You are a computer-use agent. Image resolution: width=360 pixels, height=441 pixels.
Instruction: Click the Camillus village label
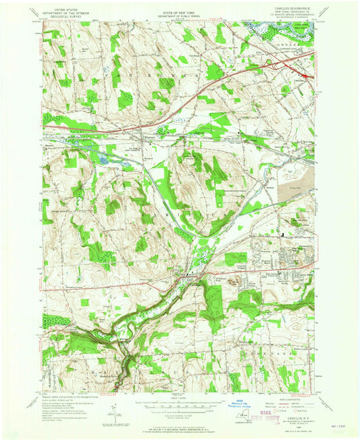pyautogui.click(x=192, y=276)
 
